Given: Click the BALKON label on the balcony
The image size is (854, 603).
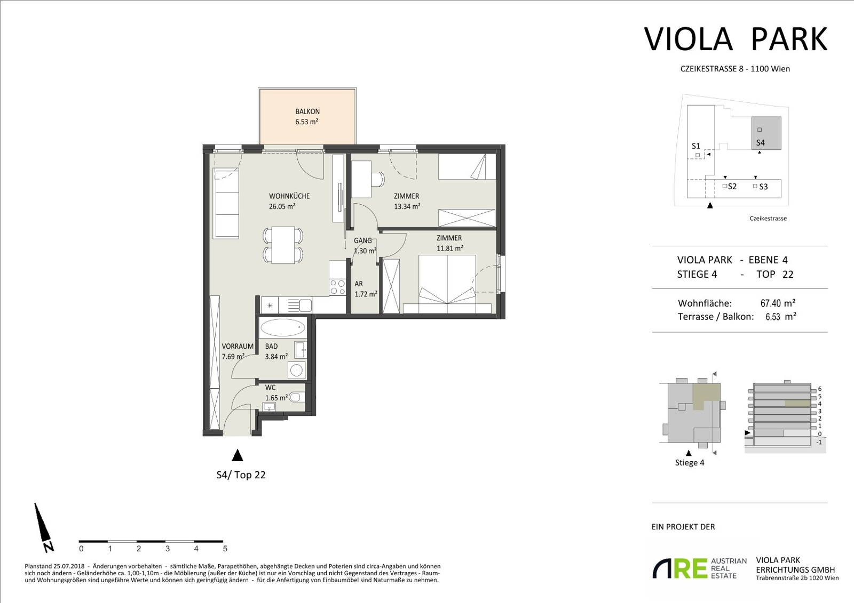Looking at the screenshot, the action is coord(307,111).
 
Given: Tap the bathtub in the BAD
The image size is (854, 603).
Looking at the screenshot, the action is coord(282,327).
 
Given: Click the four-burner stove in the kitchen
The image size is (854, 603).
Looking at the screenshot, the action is coord(337,287).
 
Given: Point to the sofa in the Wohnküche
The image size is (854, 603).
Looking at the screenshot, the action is coord(226,204).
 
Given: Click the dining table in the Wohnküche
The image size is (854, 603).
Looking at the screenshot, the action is coord(283,245).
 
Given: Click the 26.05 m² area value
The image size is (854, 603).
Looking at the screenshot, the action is coord(282,206).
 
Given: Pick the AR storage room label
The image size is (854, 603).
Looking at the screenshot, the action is coord(359,284).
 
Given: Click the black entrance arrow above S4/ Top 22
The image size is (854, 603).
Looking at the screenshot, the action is coord(238,455).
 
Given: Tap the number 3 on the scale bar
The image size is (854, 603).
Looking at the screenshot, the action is coord(168,549).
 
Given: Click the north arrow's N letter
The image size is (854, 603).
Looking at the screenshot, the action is coord(49,546).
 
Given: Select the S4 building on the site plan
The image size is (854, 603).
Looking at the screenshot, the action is coord(766,133).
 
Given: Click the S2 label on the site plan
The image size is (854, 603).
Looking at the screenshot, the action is coord(732,187).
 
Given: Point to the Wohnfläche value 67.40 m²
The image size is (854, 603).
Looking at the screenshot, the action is coord(778,303).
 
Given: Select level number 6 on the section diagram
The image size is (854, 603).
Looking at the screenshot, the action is coord(820,389).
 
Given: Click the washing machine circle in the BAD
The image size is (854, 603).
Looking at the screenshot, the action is coord(296,370).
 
